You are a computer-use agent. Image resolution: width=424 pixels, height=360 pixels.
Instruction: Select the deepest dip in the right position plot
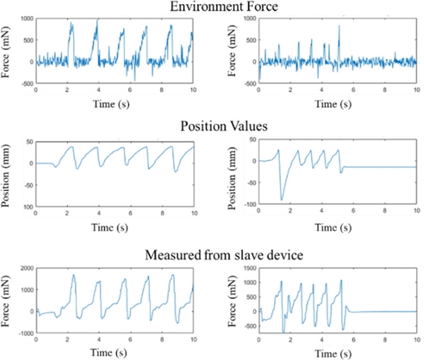tap(282, 199)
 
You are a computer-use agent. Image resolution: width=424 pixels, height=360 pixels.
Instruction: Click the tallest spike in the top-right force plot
tap(339, 26)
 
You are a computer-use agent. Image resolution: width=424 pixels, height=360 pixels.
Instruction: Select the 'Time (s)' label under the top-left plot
tap(114, 104)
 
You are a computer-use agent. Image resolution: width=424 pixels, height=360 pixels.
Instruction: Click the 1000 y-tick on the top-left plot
tap(26, 18)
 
